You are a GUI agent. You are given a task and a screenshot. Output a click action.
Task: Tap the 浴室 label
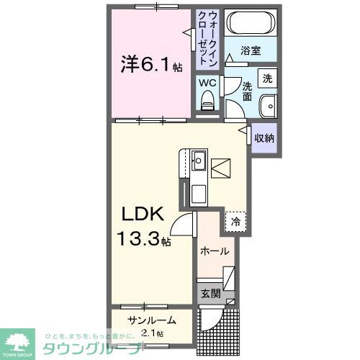[x=250, y=53]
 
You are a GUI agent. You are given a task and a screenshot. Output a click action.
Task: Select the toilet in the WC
[x=209, y=102]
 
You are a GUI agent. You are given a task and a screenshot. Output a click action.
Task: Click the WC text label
[x=207, y=82]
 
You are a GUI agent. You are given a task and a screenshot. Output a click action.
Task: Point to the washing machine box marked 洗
[x=267, y=77]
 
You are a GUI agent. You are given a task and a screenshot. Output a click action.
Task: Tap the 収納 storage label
[x=264, y=137]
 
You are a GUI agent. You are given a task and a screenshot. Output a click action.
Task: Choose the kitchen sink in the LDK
[x=199, y=161]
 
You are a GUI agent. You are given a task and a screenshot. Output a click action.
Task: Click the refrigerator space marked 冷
[x=235, y=222]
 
